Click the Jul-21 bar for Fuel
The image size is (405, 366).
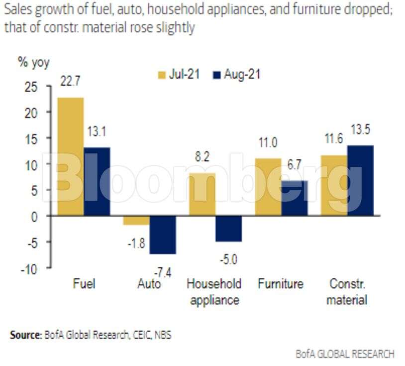tap(70, 156)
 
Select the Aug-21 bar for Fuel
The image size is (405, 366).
tap(97, 181)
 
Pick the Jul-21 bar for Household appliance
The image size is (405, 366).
tap(202, 194)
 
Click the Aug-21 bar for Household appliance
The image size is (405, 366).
tap(228, 229)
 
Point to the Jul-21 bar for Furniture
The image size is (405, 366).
tap(268, 187)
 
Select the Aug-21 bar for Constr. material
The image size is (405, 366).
tap(360, 180)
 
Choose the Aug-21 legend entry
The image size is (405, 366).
tap(237, 75)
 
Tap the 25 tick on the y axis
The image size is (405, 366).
tap(31, 87)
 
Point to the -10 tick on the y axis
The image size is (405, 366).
tap(29, 269)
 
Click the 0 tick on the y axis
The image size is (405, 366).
tap(34, 216)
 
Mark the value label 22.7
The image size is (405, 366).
tap(70, 80)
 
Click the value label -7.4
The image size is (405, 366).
tap(163, 271)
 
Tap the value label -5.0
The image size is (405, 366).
tap(228, 259)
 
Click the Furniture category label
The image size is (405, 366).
tap(280, 284)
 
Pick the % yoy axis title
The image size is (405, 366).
tap(34, 63)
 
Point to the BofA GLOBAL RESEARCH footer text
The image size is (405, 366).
tap(345, 354)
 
